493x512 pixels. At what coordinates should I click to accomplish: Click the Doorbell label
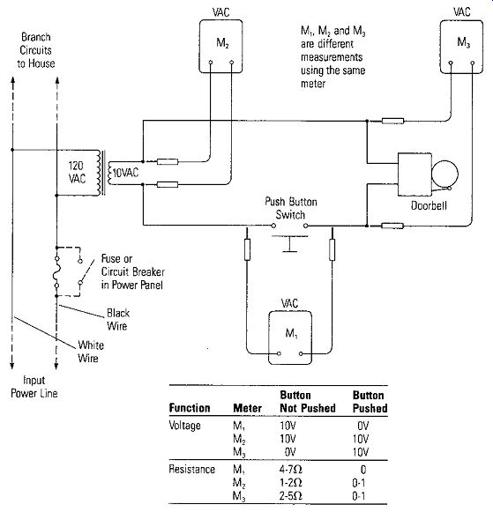(429, 205)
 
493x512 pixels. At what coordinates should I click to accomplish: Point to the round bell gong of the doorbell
(444, 162)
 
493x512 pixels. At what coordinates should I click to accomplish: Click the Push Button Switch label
(291, 208)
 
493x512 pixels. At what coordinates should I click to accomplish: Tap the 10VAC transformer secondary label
(125, 173)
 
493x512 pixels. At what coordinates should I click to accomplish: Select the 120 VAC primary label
(77, 172)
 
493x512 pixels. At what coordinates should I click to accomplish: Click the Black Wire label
(118, 319)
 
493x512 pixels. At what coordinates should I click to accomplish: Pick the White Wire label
(91, 352)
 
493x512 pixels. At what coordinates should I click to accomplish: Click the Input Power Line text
(34, 387)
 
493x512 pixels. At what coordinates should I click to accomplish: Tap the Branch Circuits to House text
(35, 50)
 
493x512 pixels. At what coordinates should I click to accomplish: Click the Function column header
(190, 408)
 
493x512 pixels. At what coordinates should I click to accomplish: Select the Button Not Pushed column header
(308, 402)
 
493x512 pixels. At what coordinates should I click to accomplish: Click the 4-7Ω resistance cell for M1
(290, 470)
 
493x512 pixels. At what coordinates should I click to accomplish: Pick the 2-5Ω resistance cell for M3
(290, 495)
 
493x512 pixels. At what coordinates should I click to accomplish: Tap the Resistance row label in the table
(191, 469)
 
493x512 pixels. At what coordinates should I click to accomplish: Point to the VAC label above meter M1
(289, 303)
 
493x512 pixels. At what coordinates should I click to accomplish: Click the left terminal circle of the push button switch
(273, 226)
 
